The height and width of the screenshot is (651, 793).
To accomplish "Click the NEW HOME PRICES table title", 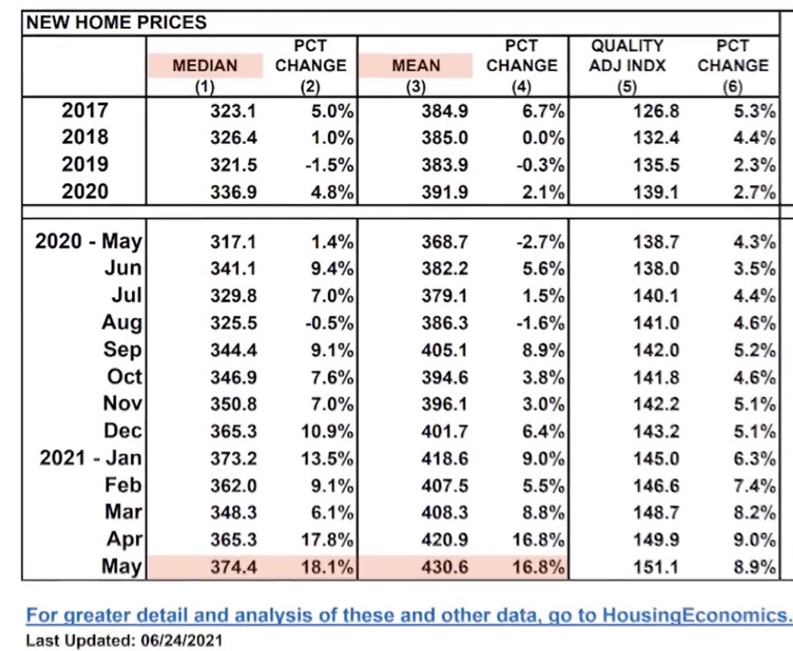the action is (117, 22).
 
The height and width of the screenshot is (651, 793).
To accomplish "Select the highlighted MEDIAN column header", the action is (205, 66).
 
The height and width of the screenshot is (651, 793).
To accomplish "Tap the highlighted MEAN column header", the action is (415, 66).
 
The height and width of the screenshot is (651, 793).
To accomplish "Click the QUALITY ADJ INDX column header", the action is (627, 56).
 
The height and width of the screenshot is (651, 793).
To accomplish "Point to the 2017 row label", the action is (85, 110).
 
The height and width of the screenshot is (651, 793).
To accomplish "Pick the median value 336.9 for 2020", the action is (233, 192).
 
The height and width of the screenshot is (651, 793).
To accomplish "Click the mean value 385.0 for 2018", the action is (445, 137).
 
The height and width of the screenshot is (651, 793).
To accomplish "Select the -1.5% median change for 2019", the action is (329, 165).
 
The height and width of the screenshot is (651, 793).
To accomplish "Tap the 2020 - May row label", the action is (89, 241).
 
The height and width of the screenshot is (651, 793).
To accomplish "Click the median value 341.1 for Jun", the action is (233, 268).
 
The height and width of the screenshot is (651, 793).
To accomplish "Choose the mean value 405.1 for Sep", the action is (445, 350).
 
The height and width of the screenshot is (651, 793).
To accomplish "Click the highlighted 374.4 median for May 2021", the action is (233, 567).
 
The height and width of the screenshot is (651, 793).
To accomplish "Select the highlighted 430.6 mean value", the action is (445, 567).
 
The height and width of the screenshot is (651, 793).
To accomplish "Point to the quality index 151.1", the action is (656, 567).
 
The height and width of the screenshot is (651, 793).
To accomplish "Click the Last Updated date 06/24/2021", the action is (182, 640).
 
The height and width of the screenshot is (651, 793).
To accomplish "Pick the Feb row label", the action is (123, 485).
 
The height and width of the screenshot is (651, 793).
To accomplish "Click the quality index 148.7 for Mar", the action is (656, 513).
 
